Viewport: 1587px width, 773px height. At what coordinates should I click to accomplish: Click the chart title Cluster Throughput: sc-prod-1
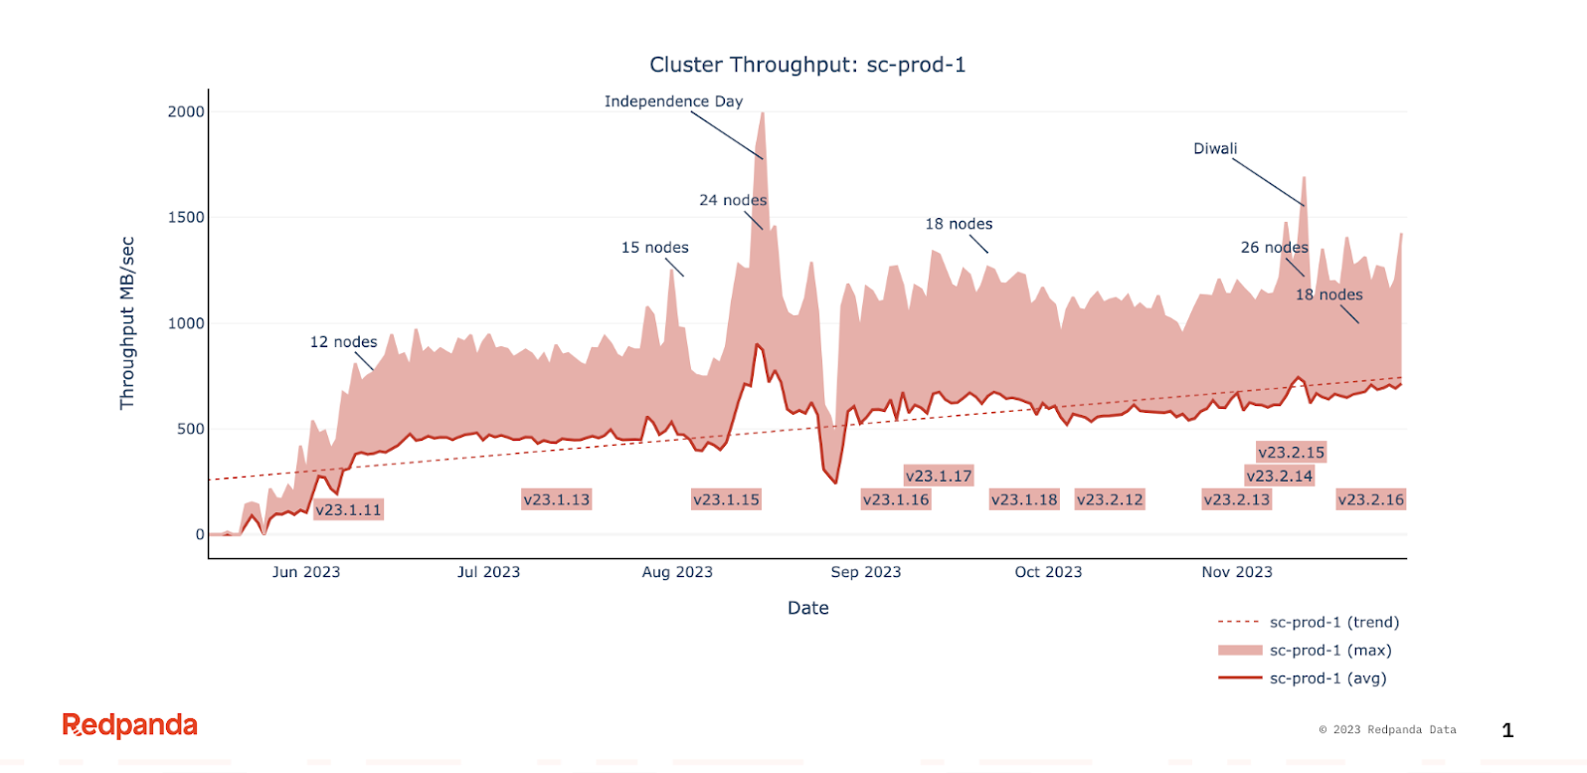click(807, 65)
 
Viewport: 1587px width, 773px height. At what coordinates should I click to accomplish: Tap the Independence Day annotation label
click(673, 101)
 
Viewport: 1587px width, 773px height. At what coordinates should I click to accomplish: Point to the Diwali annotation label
click(1215, 149)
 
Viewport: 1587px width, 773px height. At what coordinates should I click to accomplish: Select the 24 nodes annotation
click(733, 200)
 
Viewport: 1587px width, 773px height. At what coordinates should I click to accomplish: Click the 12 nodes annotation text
click(343, 342)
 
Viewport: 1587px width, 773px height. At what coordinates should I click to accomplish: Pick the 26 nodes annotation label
click(1274, 248)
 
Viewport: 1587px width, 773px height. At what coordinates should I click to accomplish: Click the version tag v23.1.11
click(348, 510)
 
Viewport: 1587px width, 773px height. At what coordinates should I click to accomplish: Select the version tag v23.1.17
click(939, 477)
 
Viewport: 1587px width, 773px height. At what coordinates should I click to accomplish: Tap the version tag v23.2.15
click(1291, 453)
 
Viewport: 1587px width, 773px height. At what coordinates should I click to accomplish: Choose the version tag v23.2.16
click(1370, 500)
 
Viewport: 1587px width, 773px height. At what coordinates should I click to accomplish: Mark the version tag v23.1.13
click(556, 500)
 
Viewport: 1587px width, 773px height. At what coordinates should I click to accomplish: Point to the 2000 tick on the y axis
click(186, 111)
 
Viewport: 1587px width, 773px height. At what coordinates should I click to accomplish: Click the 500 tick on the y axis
click(190, 429)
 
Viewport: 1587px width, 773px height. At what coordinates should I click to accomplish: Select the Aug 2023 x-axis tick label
click(677, 572)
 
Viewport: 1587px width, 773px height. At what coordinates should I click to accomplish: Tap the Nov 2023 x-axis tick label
click(1237, 572)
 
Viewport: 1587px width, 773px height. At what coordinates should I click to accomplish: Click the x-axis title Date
click(807, 608)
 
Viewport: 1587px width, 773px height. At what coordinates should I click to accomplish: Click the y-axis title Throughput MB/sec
click(126, 323)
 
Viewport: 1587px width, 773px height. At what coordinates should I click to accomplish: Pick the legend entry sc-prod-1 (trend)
click(1332, 623)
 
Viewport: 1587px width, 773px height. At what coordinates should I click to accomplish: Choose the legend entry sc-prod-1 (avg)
click(1326, 678)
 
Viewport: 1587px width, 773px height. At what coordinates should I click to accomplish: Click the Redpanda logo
click(130, 725)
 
